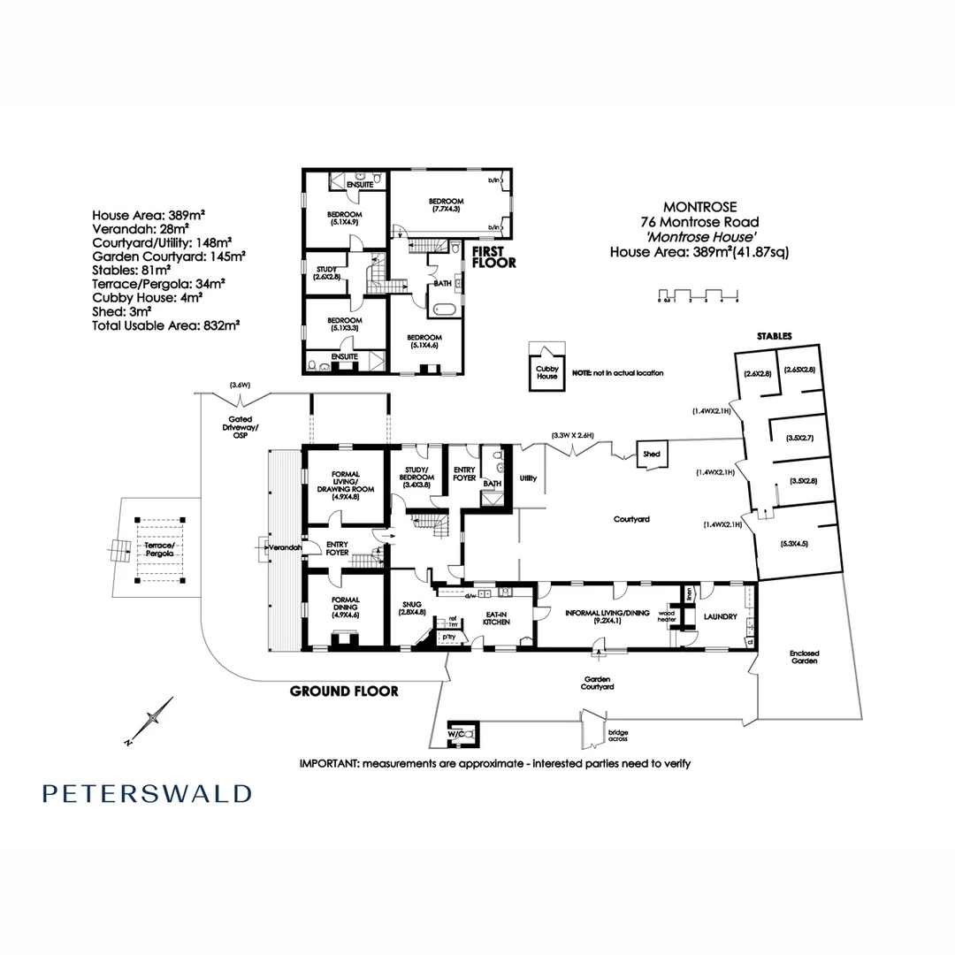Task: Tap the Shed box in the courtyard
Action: point(652,455)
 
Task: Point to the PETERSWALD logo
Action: point(147,793)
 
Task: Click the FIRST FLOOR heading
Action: point(494,257)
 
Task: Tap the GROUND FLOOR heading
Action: point(344,691)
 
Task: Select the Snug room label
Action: point(412,607)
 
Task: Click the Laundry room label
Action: point(721,615)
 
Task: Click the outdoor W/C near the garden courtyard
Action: point(462,732)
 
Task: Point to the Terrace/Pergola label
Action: point(159,551)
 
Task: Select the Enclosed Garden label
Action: point(804,658)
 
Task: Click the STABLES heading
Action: point(773,337)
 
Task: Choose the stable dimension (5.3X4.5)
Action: point(796,543)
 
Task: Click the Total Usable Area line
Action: point(166,325)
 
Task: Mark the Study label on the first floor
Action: point(325,271)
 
